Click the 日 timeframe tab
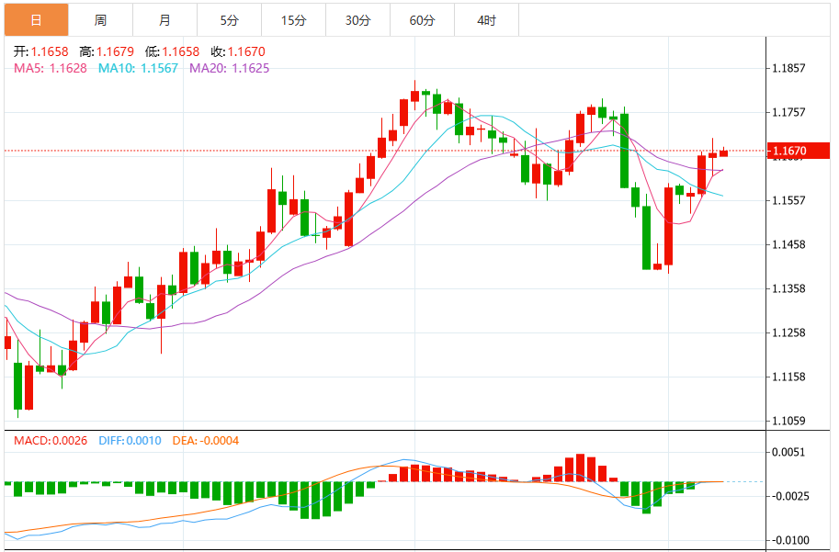pyautogui.click(x=36, y=20)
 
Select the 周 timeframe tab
pyautogui.click(x=100, y=20)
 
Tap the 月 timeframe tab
pyautogui.click(x=164, y=20)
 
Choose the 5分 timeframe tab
pyautogui.click(x=229, y=20)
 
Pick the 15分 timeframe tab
pyautogui.click(x=293, y=20)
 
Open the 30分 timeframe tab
pyautogui.click(x=357, y=20)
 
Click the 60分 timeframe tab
pyautogui.click(x=422, y=20)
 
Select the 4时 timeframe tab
pyautogui.click(x=487, y=20)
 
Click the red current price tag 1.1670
pyautogui.click(x=799, y=151)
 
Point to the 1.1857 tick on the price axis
pyautogui.click(x=789, y=68)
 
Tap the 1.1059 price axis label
pyautogui.click(x=789, y=421)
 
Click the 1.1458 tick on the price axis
pyautogui.click(x=789, y=244)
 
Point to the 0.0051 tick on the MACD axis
pyautogui.click(x=789, y=452)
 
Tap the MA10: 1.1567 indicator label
pyautogui.click(x=138, y=67)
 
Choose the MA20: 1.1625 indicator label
pyautogui.click(x=229, y=67)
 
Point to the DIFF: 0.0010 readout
pyautogui.click(x=128, y=441)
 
